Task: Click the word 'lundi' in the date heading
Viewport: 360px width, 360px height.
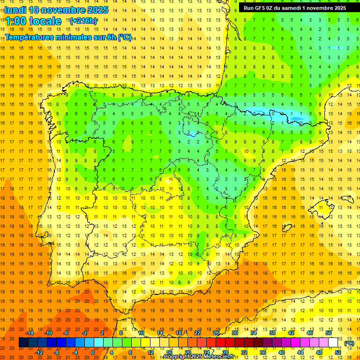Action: coord(15,10)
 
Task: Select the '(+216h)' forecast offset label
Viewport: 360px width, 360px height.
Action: coord(83,21)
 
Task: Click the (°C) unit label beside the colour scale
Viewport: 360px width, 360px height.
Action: coord(349,343)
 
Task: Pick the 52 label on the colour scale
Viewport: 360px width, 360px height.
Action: coord(338,352)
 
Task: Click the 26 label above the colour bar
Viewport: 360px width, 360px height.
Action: coord(216,333)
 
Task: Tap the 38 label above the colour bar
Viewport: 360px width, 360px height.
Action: coord(272,333)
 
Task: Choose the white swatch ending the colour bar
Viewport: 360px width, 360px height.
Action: coord(333,343)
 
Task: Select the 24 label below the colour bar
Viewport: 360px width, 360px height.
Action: coord(207,352)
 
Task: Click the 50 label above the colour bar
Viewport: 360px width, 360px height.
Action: coord(329,333)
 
